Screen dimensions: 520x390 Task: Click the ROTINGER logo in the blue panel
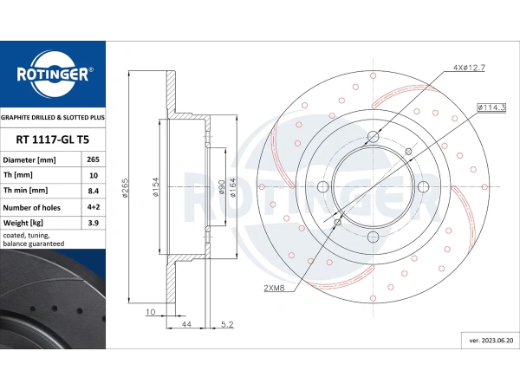(x=53, y=74)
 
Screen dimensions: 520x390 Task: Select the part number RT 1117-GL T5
(x=53, y=140)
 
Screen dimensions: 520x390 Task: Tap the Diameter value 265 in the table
(x=94, y=159)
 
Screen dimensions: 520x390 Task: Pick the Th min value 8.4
(x=94, y=191)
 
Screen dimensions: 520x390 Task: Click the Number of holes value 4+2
(x=94, y=207)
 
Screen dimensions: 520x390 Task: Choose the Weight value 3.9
(x=94, y=223)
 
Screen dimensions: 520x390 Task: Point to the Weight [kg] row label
(x=23, y=223)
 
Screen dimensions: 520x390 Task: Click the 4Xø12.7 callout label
(x=469, y=68)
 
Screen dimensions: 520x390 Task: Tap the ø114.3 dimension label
(x=491, y=107)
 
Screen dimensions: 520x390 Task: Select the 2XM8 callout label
(x=274, y=288)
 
